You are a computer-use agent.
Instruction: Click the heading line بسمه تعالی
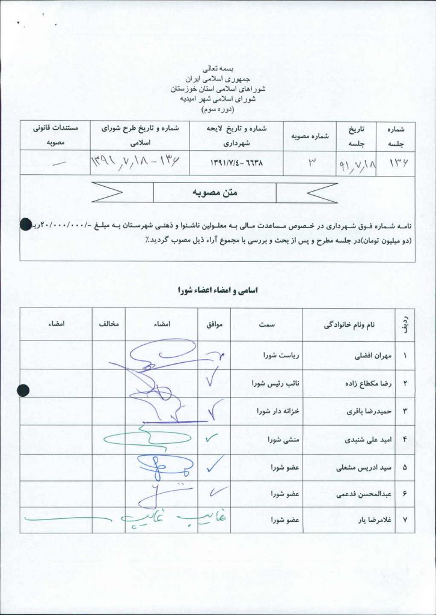(218, 69)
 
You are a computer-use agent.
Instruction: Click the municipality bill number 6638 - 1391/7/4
(236, 163)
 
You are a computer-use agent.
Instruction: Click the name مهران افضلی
(375, 356)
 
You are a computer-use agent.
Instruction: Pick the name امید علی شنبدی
(369, 440)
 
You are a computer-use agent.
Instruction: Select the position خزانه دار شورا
(278, 411)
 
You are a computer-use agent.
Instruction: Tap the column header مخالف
(109, 324)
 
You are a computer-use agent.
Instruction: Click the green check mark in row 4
(213, 439)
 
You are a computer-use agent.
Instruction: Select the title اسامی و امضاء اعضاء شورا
(218, 290)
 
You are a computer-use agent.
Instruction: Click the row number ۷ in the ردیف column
(405, 520)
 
